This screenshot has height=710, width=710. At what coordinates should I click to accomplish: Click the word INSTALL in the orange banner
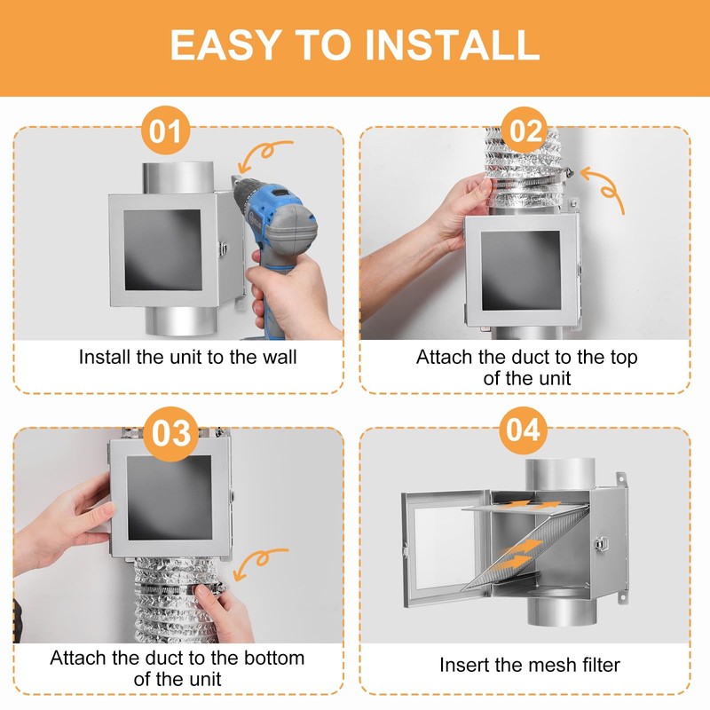[x=452, y=45]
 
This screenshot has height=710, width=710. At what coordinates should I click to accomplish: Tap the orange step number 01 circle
[x=165, y=130]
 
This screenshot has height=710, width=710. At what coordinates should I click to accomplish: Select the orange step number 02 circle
[x=525, y=130]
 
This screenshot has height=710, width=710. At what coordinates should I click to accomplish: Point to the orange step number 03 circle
[x=170, y=433]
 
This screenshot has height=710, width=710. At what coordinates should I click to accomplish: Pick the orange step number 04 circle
[x=523, y=430]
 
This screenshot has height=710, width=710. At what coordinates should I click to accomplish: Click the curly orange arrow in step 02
[x=603, y=187]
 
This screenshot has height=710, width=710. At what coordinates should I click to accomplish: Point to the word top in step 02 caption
[x=624, y=359]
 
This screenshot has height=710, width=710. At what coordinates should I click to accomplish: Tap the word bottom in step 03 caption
[x=274, y=659]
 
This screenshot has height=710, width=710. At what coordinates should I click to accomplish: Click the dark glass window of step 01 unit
[x=162, y=249]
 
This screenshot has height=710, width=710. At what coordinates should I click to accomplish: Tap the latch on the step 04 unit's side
[x=600, y=543]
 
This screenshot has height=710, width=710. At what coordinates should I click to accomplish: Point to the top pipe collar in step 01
[x=178, y=177]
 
